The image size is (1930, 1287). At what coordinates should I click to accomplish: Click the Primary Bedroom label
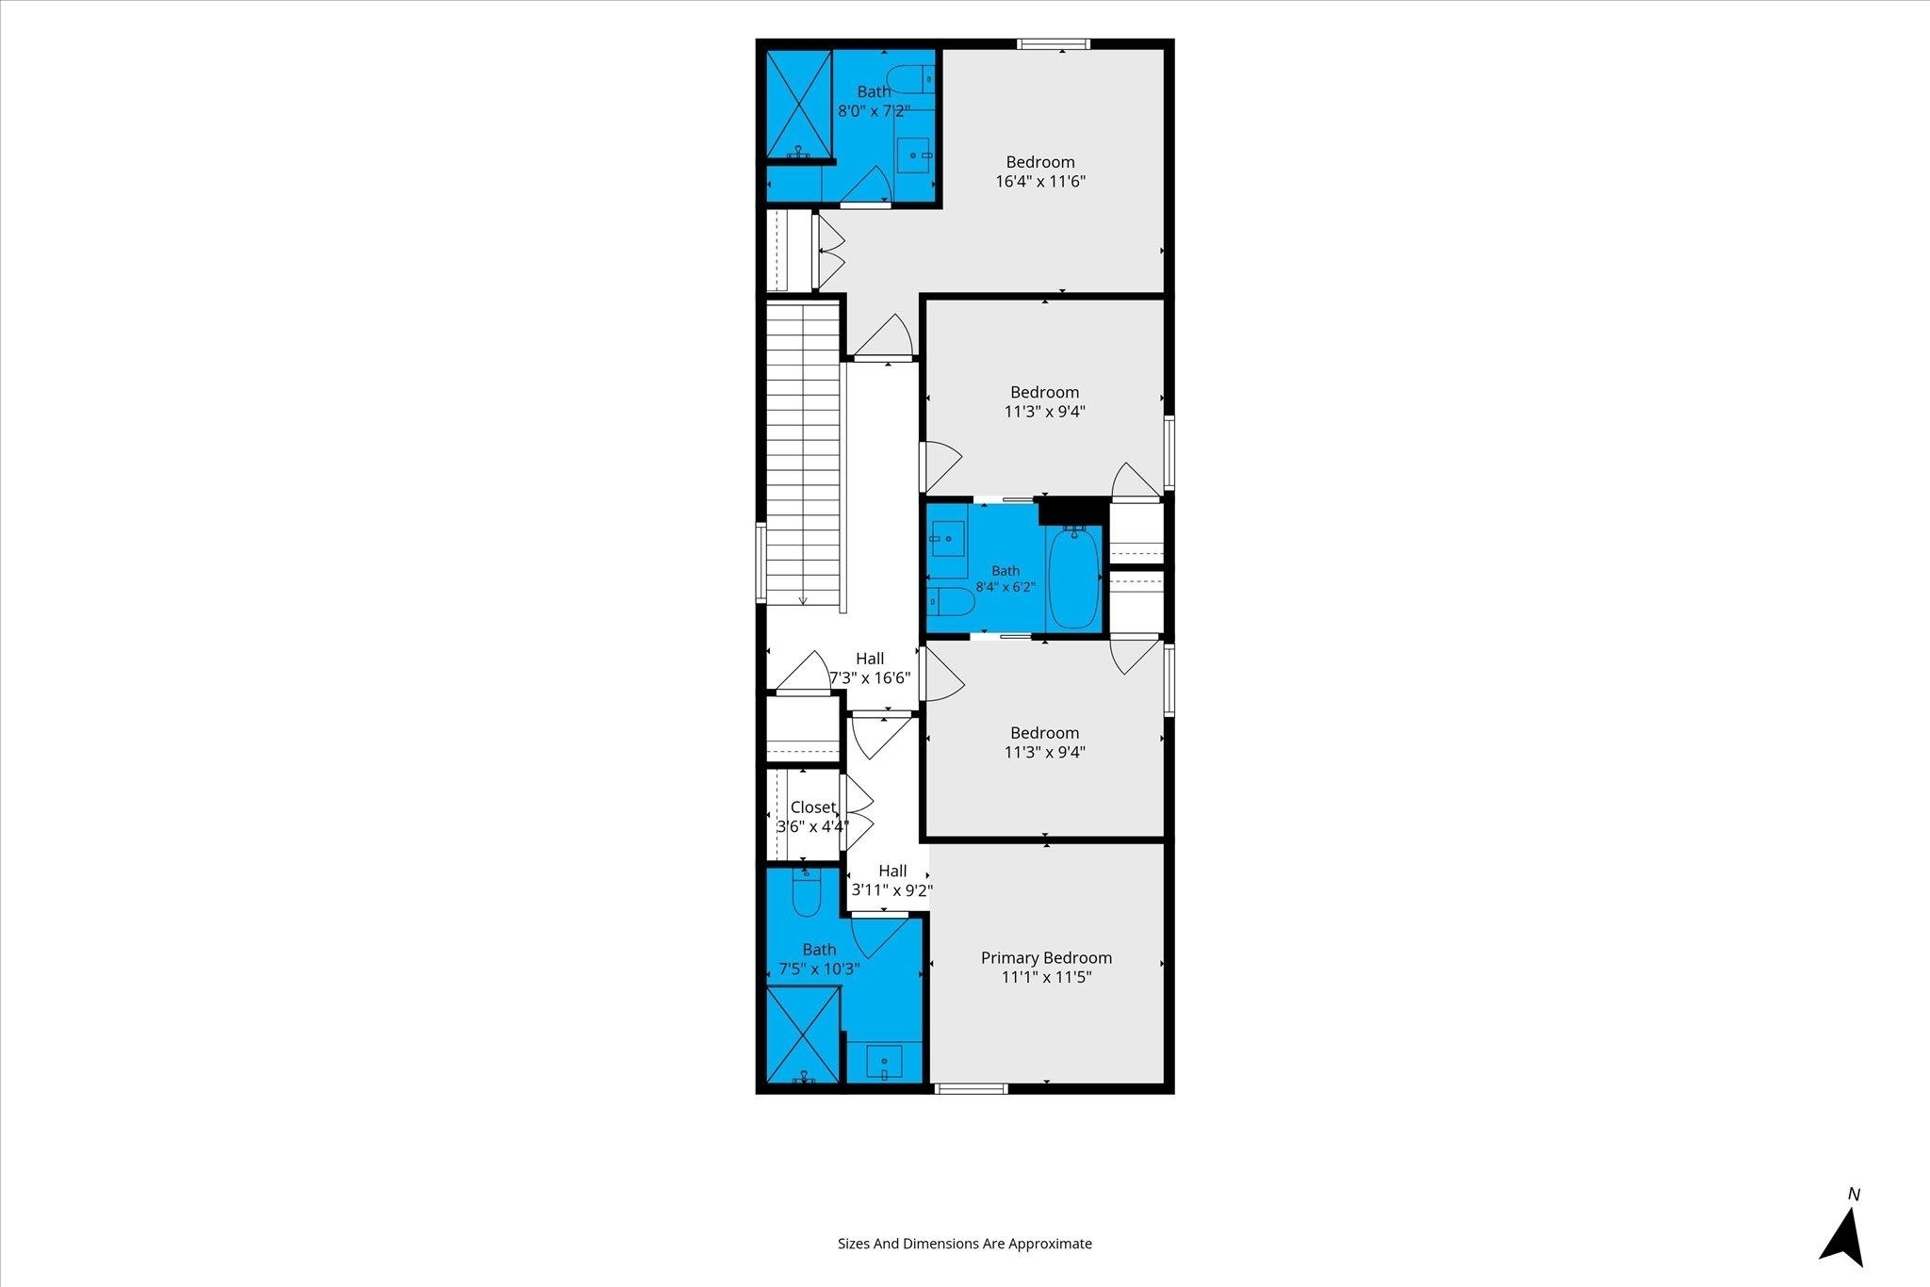pos(1046,958)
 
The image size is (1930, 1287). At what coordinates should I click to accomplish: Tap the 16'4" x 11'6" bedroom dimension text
pos(1040,181)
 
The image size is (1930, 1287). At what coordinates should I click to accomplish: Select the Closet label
pos(812,807)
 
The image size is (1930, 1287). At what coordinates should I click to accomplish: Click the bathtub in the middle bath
pos(1073,578)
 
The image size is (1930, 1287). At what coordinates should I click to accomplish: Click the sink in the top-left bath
pos(913,155)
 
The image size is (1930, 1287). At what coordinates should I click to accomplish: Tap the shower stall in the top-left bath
pos(798,105)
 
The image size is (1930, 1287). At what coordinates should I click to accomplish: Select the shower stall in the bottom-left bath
pos(802,1034)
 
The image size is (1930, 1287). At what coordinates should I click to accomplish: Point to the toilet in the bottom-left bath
pos(807,891)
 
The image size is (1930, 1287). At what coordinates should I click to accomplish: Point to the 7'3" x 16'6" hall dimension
pos(870,677)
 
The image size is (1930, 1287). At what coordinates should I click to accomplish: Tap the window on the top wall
pos(1054,43)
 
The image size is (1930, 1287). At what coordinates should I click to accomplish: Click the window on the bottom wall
pos(971,1089)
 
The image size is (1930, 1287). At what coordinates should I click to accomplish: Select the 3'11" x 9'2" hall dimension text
pos(892,889)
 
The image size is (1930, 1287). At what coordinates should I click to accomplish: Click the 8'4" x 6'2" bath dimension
pos(1006,587)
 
